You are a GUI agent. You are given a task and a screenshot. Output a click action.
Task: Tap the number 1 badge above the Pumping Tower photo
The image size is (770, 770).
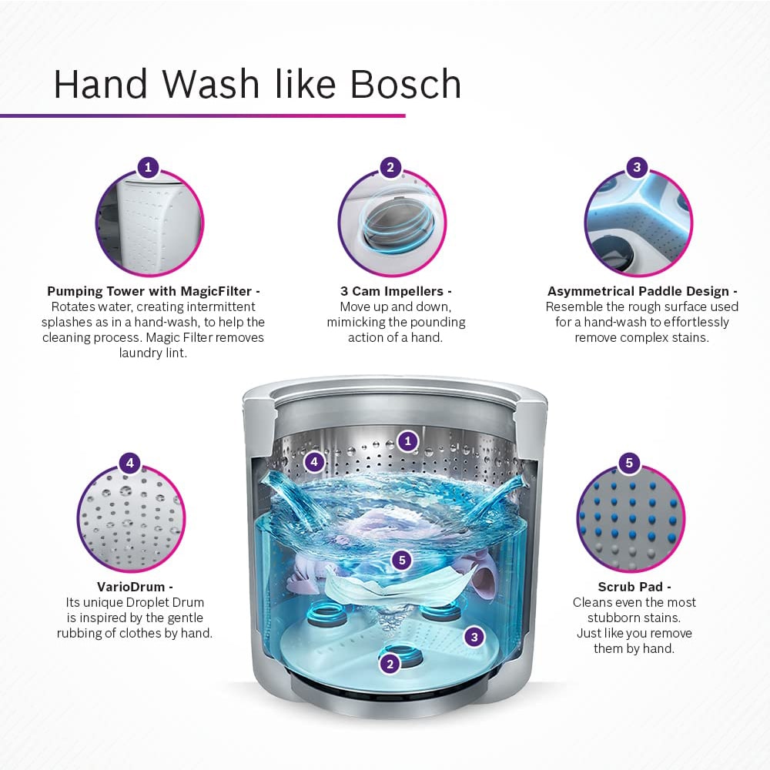click(x=148, y=167)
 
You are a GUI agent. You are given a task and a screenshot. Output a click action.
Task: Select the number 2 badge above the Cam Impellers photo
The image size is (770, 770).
click(x=390, y=167)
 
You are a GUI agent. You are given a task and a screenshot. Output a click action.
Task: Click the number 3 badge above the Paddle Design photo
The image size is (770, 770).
click(x=637, y=167)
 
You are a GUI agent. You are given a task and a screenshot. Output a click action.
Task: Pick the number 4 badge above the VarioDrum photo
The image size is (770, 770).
click(x=129, y=463)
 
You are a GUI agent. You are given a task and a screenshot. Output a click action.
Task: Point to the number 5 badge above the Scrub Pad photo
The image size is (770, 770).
click(x=629, y=463)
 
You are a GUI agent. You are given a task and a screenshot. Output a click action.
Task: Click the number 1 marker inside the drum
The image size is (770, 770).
click(x=407, y=441)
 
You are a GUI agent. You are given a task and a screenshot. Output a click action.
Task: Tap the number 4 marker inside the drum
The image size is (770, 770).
click(x=314, y=461)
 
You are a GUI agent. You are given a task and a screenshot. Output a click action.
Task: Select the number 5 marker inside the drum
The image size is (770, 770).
click(x=402, y=560)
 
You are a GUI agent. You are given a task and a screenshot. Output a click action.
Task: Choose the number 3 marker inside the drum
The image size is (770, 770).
click(x=474, y=637)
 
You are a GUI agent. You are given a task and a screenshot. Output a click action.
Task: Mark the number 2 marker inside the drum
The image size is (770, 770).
click(x=390, y=664)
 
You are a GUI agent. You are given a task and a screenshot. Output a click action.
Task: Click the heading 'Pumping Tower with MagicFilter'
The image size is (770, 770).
click(x=149, y=291)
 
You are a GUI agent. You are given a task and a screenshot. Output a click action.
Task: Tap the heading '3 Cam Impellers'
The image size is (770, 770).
click(x=392, y=291)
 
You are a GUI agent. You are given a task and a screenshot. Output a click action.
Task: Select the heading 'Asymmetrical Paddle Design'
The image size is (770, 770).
click(x=638, y=291)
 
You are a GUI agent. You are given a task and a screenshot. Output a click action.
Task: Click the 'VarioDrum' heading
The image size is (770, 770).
click(x=131, y=587)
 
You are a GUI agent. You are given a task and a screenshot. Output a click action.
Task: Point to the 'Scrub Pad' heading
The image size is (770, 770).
click(x=630, y=587)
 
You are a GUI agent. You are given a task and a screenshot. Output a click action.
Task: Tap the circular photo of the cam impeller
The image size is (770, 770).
click(x=392, y=223)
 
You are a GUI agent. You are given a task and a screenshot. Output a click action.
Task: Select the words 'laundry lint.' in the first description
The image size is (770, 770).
click(x=152, y=353)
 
